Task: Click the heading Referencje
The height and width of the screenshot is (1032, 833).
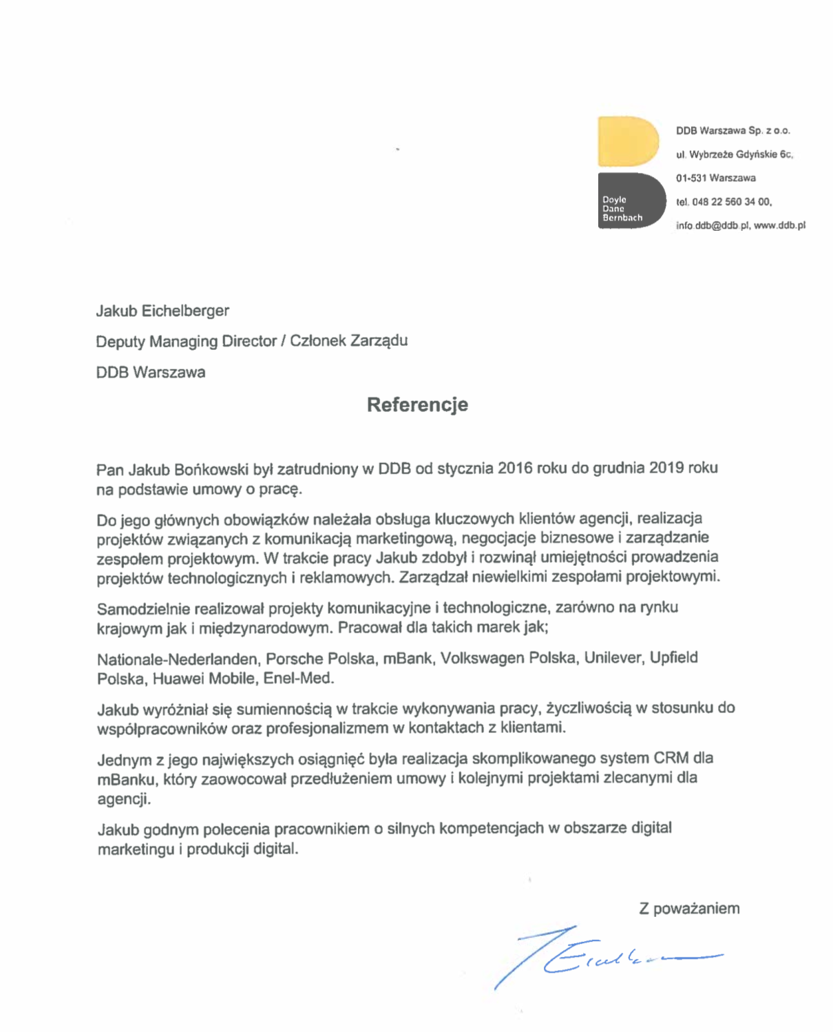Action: pyautogui.click(x=417, y=404)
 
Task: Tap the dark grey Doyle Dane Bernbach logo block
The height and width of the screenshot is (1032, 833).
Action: pyautogui.click(x=631, y=200)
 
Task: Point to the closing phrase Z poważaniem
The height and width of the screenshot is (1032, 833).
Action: pyautogui.click(x=689, y=909)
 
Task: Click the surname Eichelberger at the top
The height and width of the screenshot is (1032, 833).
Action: pyautogui.click(x=185, y=311)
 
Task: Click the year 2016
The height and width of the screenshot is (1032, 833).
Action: pyautogui.click(x=516, y=468)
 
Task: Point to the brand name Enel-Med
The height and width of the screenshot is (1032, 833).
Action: pyautogui.click(x=299, y=679)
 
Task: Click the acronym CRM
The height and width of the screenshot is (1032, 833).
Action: pyautogui.click(x=671, y=758)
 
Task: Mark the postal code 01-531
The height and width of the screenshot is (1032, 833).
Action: pyautogui.click(x=690, y=178)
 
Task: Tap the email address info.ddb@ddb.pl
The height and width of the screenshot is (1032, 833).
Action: pyautogui.click(x=712, y=225)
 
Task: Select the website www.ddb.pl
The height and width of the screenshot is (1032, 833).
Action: pyautogui.click(x=779, y=225)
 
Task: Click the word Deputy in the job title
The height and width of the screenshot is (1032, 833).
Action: pyautogui.click(x=120, y=342)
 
